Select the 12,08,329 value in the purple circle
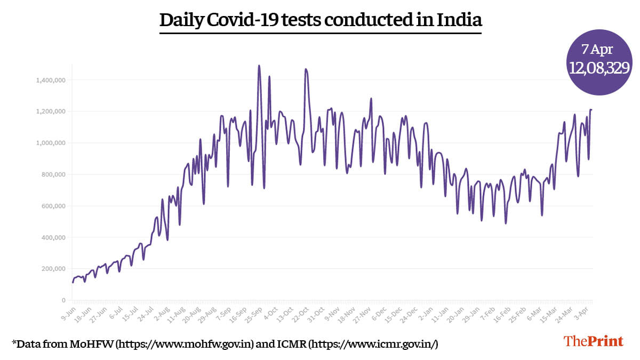click(599, 68)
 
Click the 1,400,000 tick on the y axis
click(50, 80)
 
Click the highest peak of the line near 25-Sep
click(259, 66)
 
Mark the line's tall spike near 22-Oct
click(306, 69)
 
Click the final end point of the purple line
click(591, 110)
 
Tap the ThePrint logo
click(594, 341)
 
